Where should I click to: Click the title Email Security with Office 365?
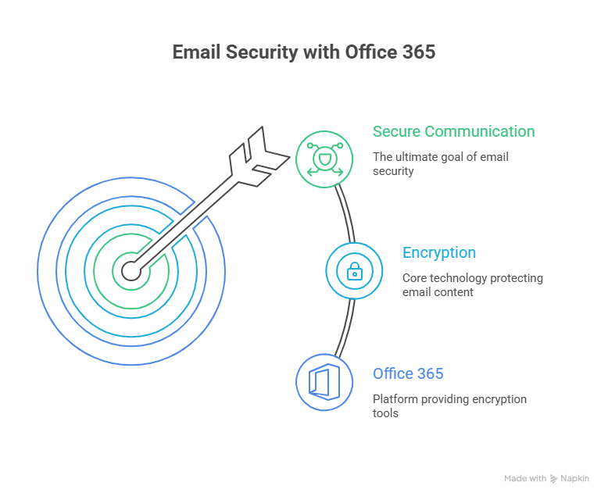[x=303, y=52]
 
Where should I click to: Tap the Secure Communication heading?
[x=453, y=131]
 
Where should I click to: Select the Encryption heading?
[x=438, y=252]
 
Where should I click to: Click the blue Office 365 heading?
[x=408, y=373]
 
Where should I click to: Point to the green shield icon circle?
[x=324, y=160]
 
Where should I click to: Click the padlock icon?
[x=354, y=271]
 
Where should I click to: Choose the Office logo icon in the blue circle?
[x=324, y=382]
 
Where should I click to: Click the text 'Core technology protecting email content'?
[x=472, y=284]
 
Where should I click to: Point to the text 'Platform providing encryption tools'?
[x=449, y=405]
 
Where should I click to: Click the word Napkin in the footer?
[x=575, y=478]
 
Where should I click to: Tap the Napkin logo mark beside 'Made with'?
[x=554, y=478]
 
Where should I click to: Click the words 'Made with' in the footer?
[x=524, y=478]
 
